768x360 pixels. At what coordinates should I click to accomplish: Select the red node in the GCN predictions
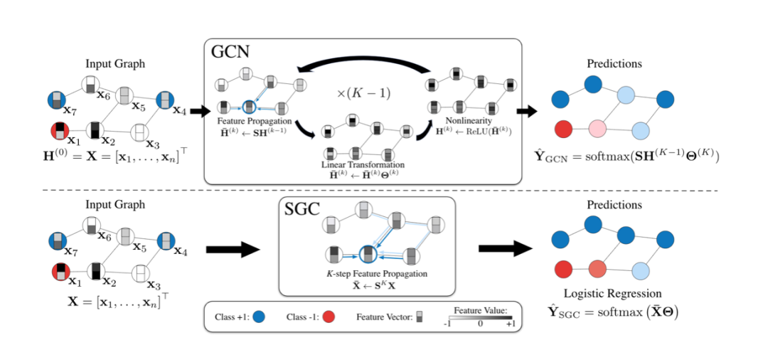[x=562, y=129]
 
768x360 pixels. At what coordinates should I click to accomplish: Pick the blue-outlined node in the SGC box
[x=367, y=253]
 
